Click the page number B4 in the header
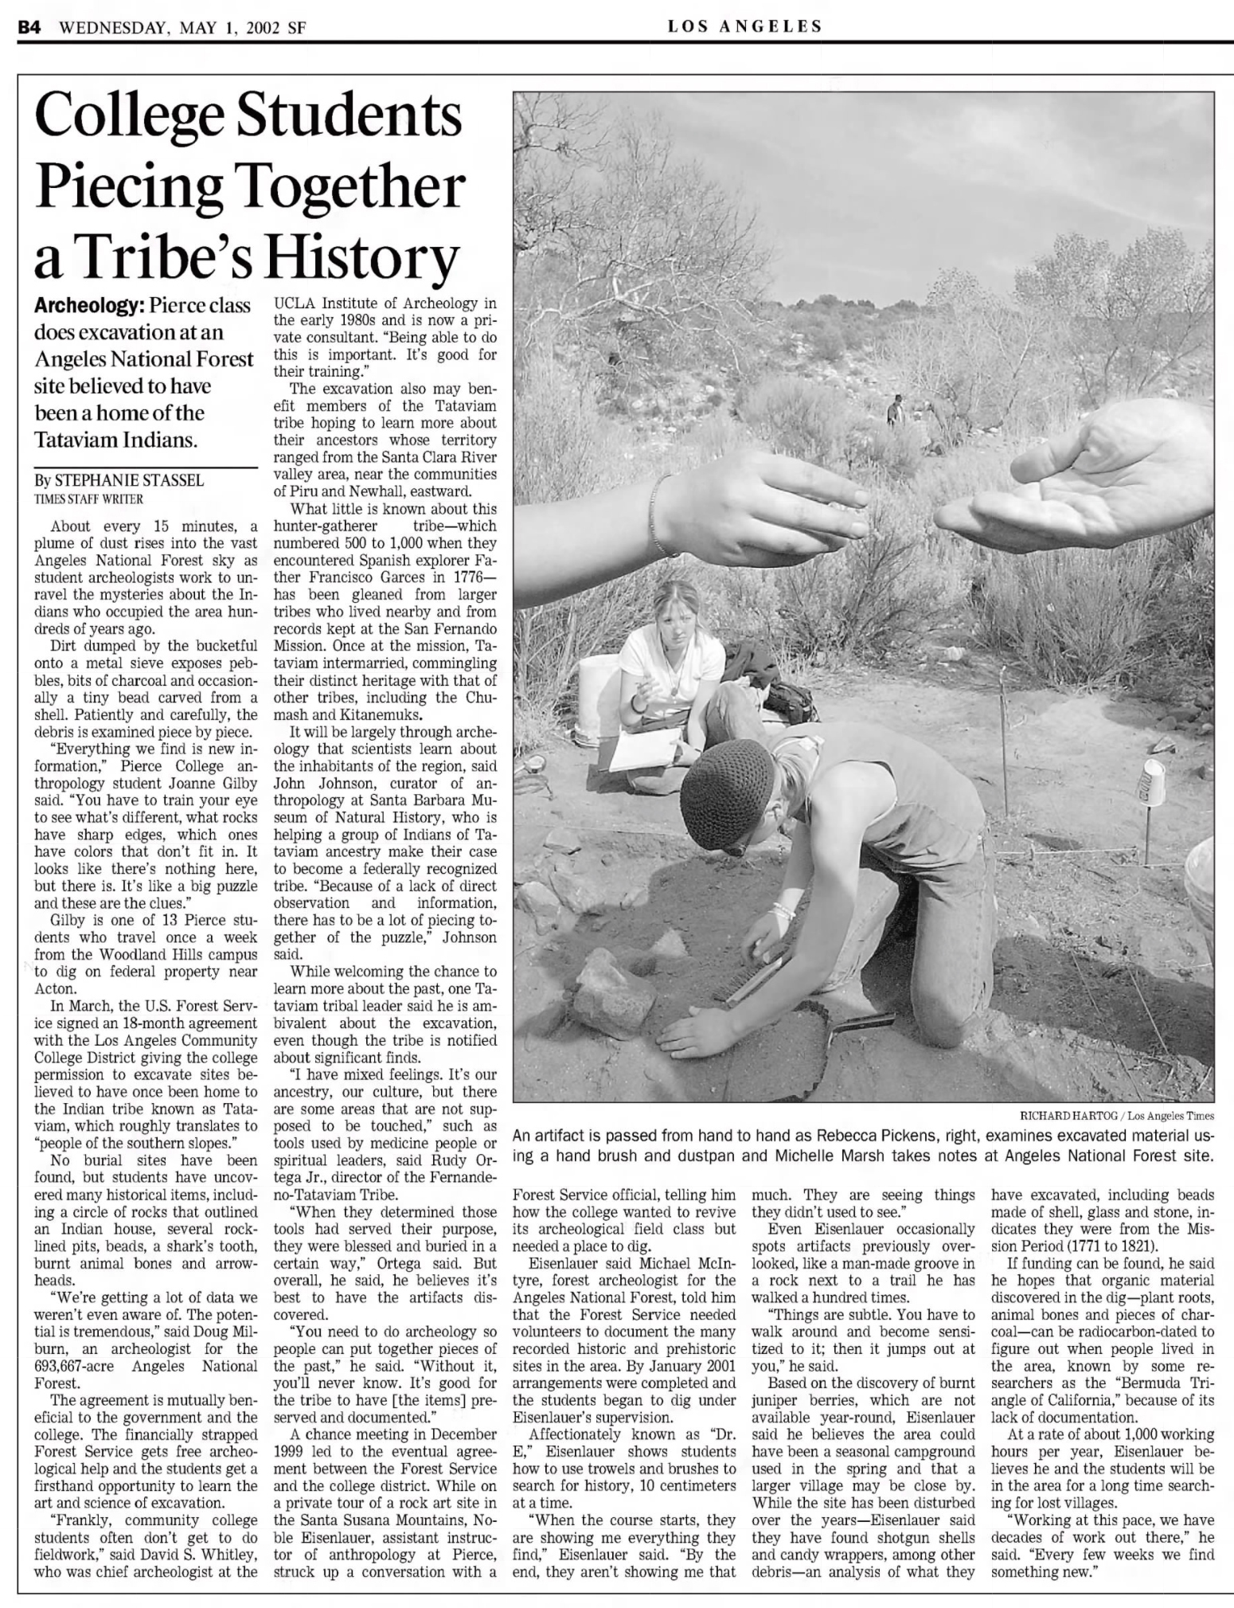pyautogui.click(x=29, y=26)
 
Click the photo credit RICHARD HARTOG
pyautogui.click(x=1063, y=1115)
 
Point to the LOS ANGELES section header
pyautogui.click(x=744, y=26)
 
